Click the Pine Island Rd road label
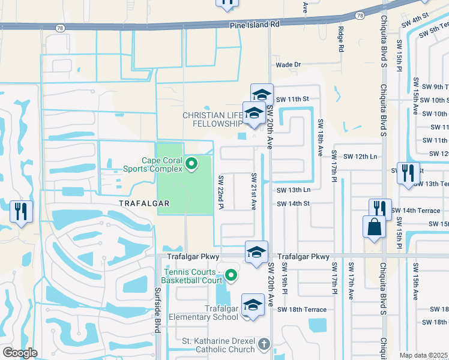(x=255, y=25)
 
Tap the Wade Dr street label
(x=288, y=64)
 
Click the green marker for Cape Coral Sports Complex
(x=191, y=163)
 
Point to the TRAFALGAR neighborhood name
(x=144, y=203)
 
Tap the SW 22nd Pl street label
(x=221, y=193)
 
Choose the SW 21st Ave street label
(x=254, y=191)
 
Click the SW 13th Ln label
(x=293, y=190)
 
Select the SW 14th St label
(x=293, y=204)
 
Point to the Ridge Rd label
(x=340, y=39)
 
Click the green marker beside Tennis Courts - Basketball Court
(x=231, y=275)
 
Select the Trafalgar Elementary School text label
(x=203, y=313)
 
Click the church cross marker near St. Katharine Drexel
(x=264, y=344)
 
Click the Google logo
(x=20, y=353)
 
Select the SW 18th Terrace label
(x=302, y=310)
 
